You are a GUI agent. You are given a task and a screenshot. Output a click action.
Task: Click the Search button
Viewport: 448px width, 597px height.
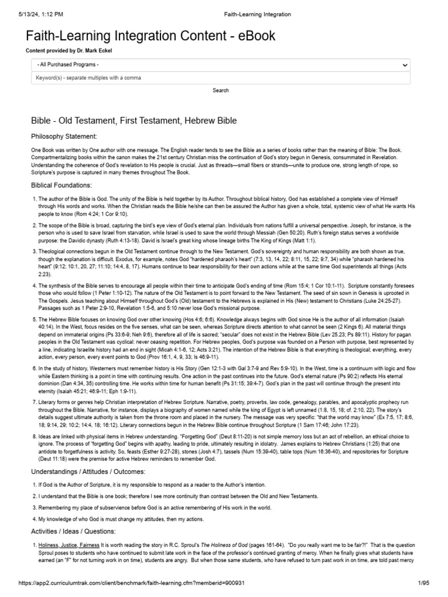pos(220,90)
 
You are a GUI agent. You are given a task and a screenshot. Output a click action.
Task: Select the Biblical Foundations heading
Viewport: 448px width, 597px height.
pos(61,185)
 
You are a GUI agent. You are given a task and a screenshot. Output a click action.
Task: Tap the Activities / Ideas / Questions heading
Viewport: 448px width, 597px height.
pos(73,531)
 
